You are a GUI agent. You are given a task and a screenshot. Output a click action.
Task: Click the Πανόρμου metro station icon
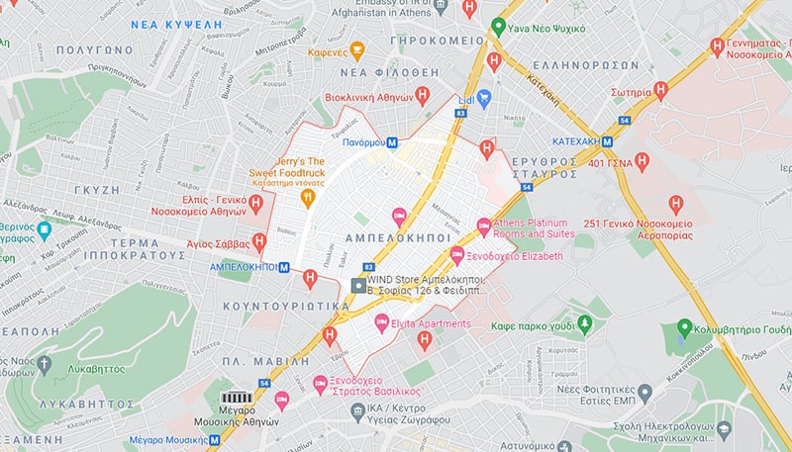pyautogui.click(x=393, y=142)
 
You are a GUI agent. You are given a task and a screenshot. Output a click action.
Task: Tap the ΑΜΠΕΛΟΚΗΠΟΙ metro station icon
pyautogui.click(x=285, y=266)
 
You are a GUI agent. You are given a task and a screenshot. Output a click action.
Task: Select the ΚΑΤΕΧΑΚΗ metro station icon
pyautogui.click(x=606, y=141)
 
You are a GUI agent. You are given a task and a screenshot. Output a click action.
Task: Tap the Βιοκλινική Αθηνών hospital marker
pyautogui.click(x=423, y=96)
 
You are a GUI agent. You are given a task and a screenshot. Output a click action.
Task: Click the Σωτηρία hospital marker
pyautogui.click(x=661, y=90)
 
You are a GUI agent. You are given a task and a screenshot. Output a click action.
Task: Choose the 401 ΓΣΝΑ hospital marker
pyautogui.click(x=642, y=159)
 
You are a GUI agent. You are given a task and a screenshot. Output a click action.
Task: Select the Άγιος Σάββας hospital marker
pyautogui.click(x=259, y=240)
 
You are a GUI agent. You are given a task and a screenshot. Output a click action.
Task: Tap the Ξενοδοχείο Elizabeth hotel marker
pyautogui.click(x=457, y=255)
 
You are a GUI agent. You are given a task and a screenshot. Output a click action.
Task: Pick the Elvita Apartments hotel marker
pyautogui.click(x=381, y=322)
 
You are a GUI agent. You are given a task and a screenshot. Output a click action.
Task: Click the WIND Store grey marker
pyautogui.click(x=358, y=286)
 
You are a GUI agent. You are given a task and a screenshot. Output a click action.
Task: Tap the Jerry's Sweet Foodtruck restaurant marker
pyautogui.click(x=308, y=197)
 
